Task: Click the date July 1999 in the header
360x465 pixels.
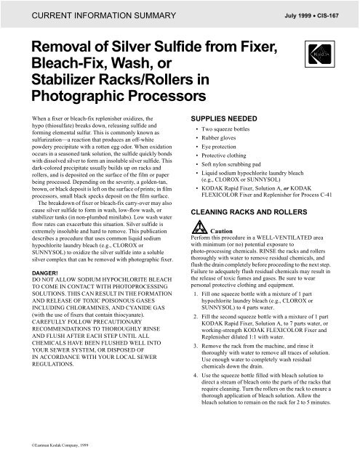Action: (x=289, y=13)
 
